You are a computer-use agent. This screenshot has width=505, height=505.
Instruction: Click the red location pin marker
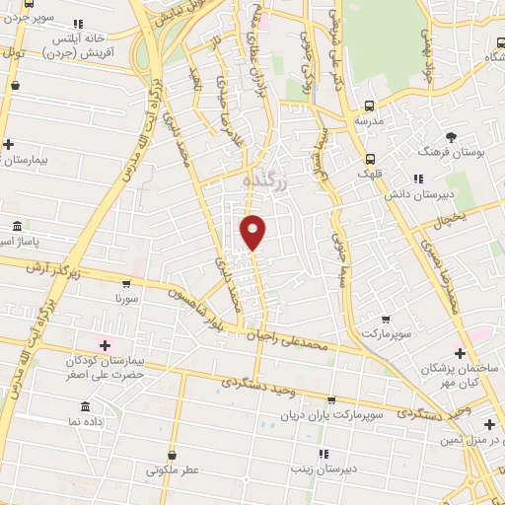pyautogui.click(x=253, y=232)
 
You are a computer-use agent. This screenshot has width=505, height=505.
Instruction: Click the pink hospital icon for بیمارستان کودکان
pyautogui.click(x=103, y=344)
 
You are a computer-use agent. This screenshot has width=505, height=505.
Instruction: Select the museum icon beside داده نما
pyautogui.click(x=86, y=406)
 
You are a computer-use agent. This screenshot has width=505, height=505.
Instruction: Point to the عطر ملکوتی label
pyautogui.click(x=173, y=470)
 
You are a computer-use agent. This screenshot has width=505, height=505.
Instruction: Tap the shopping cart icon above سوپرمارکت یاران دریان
pyautogui.click(x=330, y=400)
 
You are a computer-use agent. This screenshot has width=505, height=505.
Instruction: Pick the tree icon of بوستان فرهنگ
pyautogui.click(x=451, y=135)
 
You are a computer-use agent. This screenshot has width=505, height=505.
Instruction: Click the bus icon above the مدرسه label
pyautogui.click(x=370, y=107)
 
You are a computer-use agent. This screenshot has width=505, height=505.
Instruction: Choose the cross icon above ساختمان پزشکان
pyautogui.click(x=460, y=352)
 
